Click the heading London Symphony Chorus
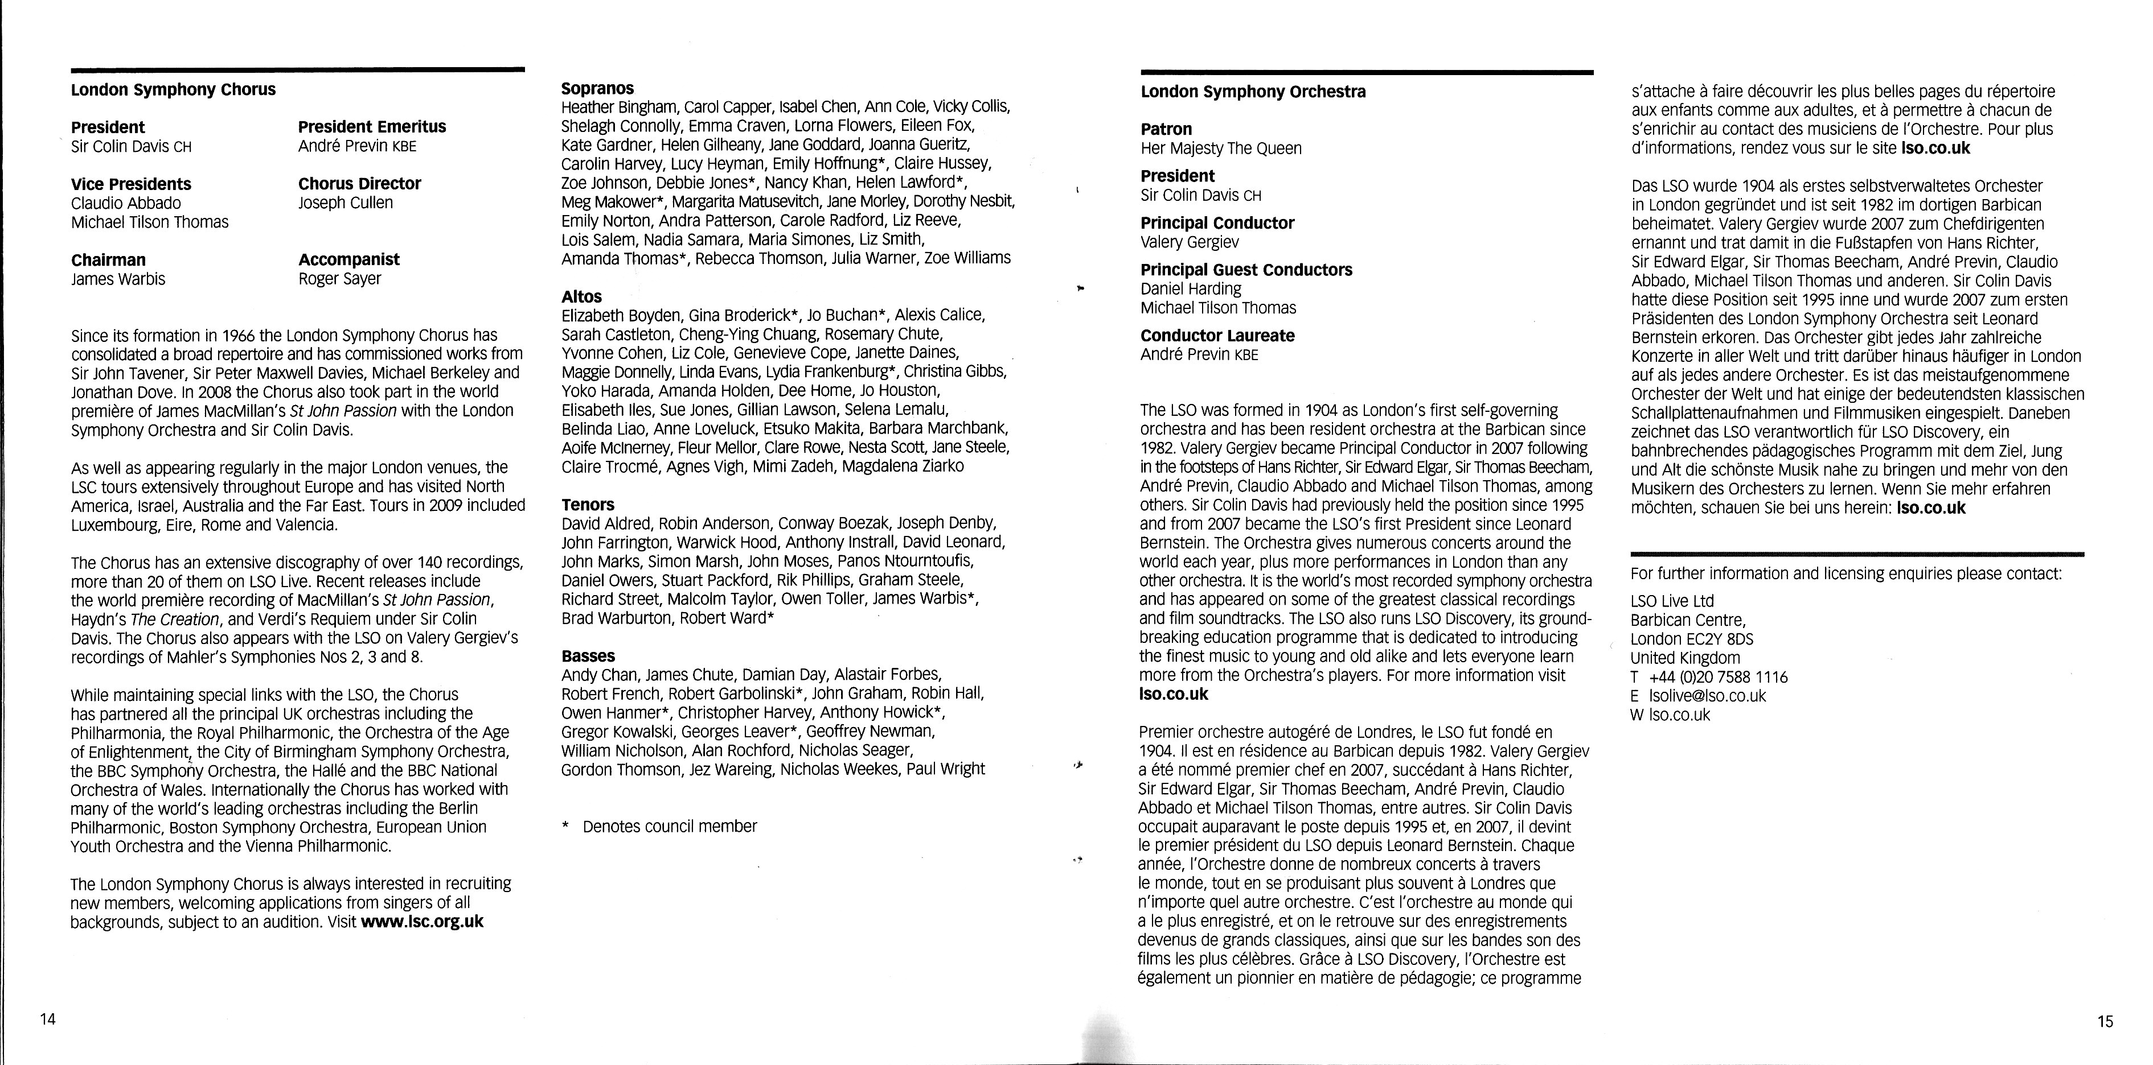pyautogui.click(x=173, y=89)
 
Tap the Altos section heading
pyautogui.click(x=582, y=296)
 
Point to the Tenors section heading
pyautogui.click(x=588, y=505)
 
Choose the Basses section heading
pyautogui.click(x=588, y=656)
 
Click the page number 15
pyautogui.click(x=2105, y=1021)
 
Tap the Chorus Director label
pyautogui.click(x=359, y=184)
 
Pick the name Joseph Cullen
pyautogui.click(x=345, y=203)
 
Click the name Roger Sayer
pyautogui.click(x=339, y=279)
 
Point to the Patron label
pyautogui.click(x=1166, y=130)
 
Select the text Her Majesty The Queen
pyautogui.click(x=1221, y=148)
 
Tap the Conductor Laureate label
pyautogui.click(x=1217, y=336)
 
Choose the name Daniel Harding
pyautogui.click(x=1191, y=289)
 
